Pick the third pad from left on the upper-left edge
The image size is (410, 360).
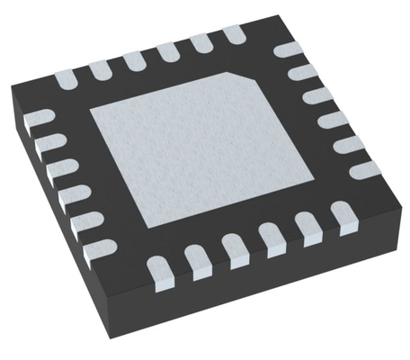click(x=134, y=62)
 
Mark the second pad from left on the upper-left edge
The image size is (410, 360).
click(x=102, y=71)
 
